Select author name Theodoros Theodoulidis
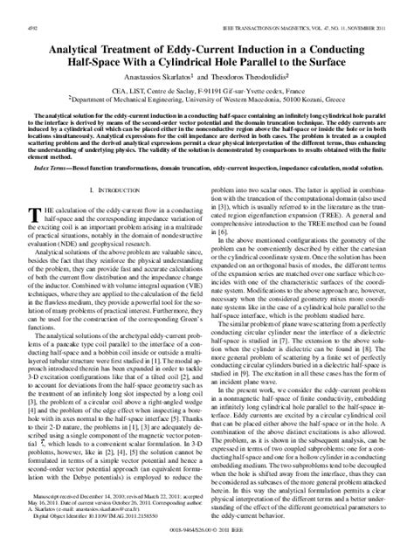pos(252,58)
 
